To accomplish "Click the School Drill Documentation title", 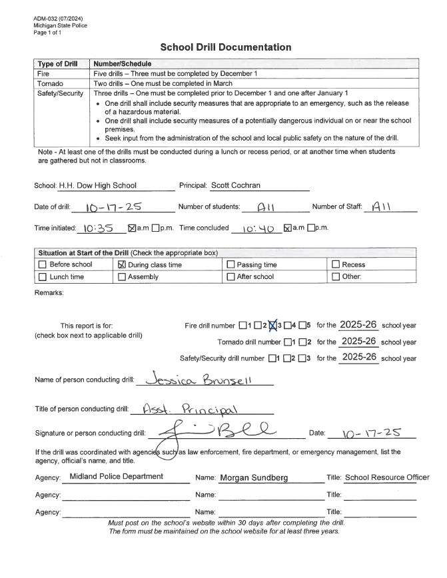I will pos(226,47).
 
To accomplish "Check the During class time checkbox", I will pos(122,264).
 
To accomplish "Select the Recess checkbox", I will pos(336,264).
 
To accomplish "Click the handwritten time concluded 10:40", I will pos(253,228).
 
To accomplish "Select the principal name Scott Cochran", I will pos(236,186).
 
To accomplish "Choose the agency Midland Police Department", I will pos(116,477).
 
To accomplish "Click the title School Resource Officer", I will pos(387,477).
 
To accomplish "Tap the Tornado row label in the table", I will pos(51,84).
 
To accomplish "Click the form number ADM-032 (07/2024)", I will pos(59,19).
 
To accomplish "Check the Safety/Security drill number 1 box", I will pos(272,358).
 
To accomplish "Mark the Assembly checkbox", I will pos(122,277).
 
